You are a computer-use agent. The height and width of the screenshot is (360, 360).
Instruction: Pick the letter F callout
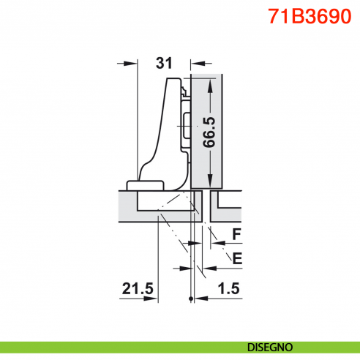click(236, 234)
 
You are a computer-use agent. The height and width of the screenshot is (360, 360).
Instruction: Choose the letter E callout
click(236, 257)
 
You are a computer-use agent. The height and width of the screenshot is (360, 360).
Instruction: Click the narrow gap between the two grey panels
click(208, 205)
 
